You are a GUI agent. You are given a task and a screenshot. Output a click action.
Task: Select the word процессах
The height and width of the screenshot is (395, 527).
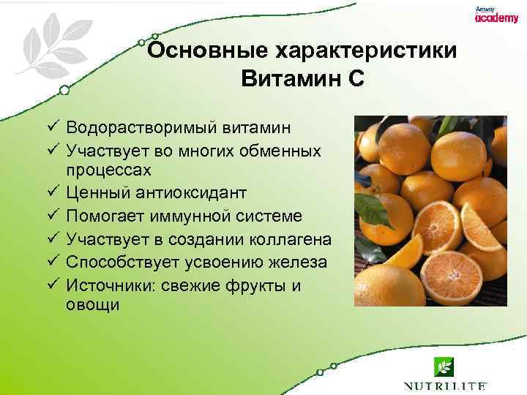coord(109,170)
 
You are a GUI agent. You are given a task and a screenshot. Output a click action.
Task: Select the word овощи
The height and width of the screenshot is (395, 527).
coord(92,306)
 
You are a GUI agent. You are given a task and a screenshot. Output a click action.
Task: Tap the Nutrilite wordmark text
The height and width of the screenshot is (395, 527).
coord(444,385)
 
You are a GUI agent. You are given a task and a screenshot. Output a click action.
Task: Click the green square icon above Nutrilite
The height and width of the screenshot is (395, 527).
coord(444,365)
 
